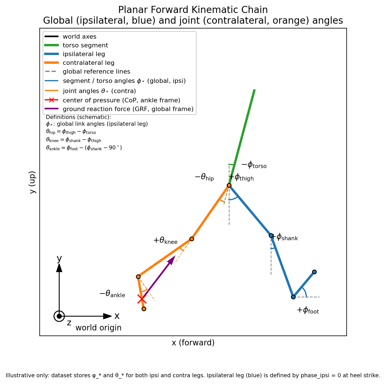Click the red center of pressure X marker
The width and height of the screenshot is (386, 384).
point(142,299)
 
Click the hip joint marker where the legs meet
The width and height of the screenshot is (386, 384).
point(229,185)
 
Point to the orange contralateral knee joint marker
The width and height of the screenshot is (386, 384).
point(192,239)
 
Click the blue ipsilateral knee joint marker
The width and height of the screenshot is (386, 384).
point(271,235)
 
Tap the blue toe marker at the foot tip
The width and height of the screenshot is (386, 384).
point(314,272)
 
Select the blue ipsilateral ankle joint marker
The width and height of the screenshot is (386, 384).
point(293,297)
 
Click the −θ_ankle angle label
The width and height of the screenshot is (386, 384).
point(112,294)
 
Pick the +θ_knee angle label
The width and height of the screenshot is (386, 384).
point(165,240)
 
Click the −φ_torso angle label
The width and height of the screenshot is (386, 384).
point(254,165)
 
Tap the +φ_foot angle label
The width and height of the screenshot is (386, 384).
point(308,310)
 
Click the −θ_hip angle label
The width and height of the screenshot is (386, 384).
point(204,177)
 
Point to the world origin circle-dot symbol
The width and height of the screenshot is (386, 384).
point(59,316)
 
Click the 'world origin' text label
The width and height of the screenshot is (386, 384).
point(98,328)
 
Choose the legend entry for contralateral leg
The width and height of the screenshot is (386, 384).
point(88,63)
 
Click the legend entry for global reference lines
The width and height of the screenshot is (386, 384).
point(96,72)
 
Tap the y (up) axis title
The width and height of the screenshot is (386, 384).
point(33,182)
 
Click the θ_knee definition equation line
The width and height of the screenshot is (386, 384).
point(73,140)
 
